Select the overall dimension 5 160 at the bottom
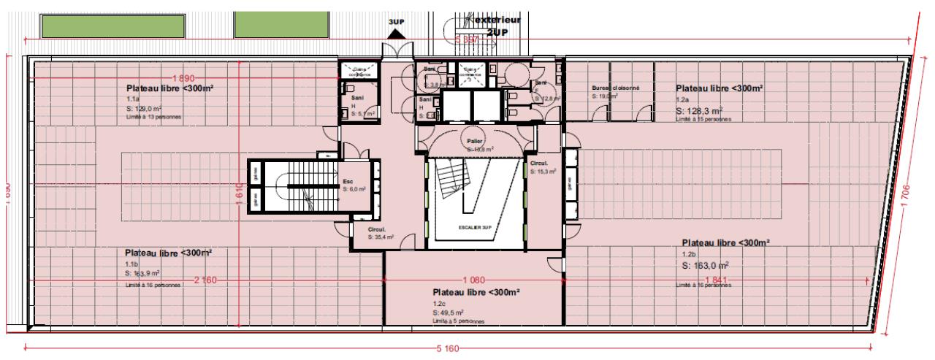(x=448, y=349)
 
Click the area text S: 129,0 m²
(x=146, y=107)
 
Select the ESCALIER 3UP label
(x=474, y=227)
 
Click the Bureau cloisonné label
(x=615, y=88)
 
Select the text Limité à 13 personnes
(x=154, y=117)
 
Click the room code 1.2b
(x=687, y=255)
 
